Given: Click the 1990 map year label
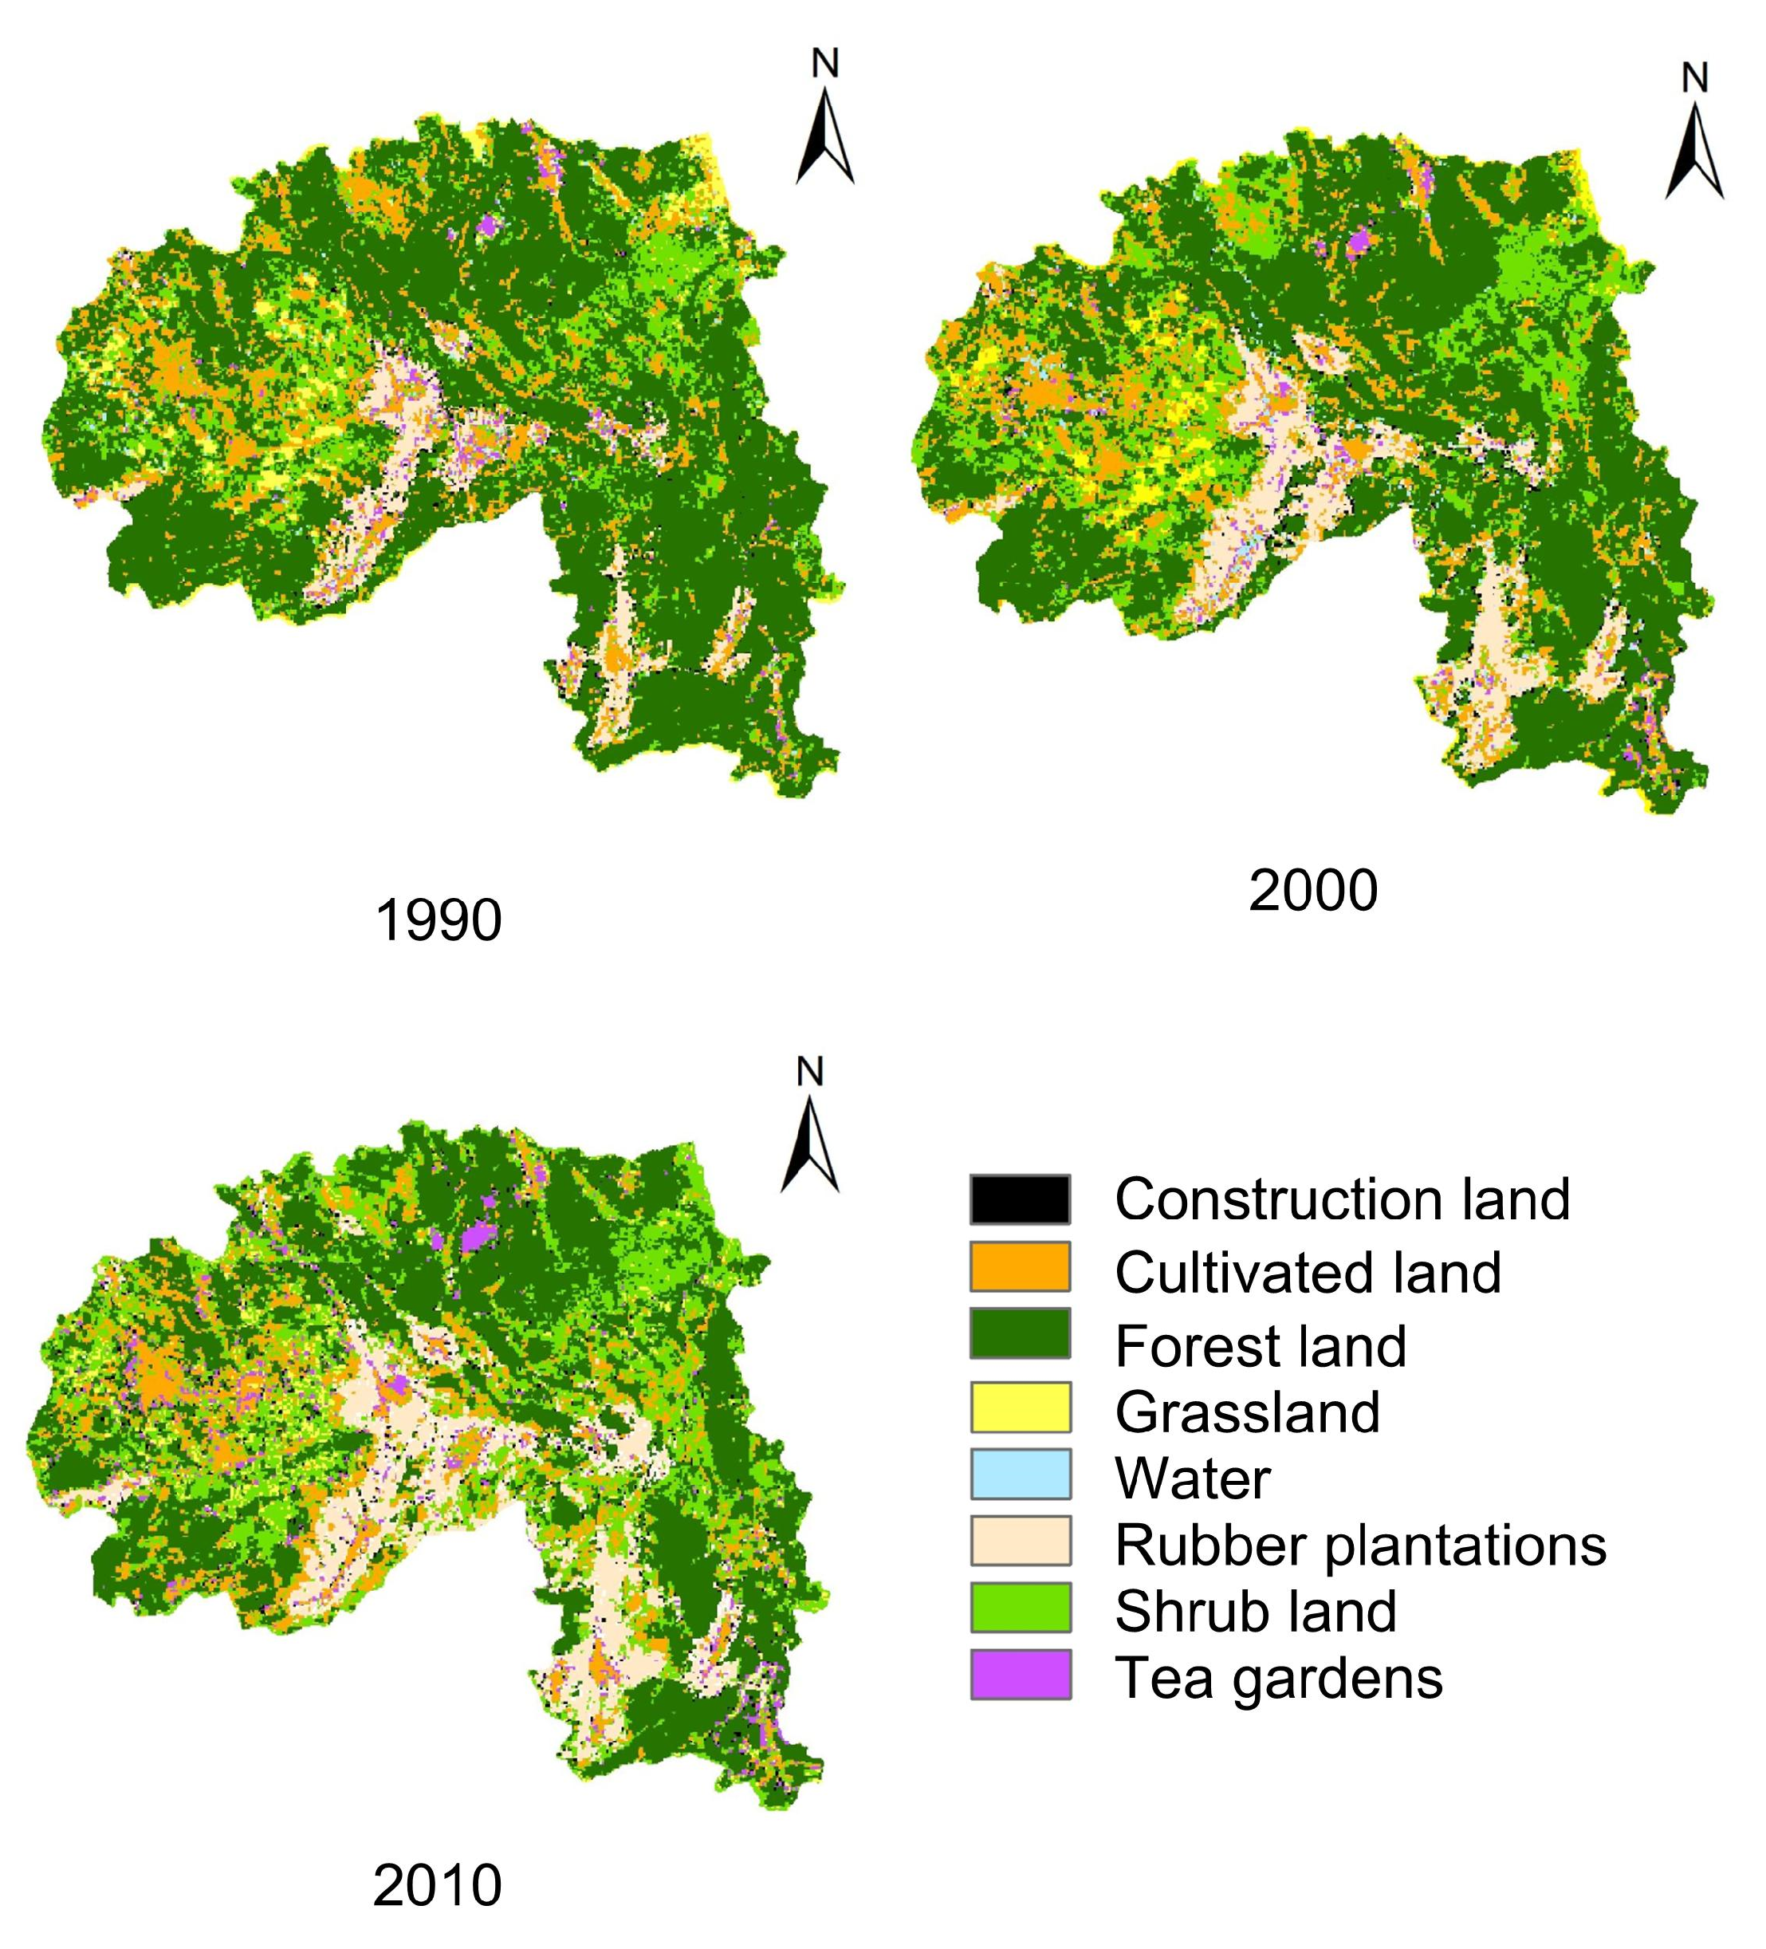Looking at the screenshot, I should [x=438, y=920].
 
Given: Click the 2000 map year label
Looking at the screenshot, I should [x=1312, y=891].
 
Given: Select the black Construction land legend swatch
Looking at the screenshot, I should [x=1020, y=1199].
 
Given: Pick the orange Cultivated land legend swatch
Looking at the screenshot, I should [x=1020, y=1267].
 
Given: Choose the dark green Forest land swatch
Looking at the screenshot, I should [x=1020, y=1334].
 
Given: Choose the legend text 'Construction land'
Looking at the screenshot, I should [x=1342, y=1199].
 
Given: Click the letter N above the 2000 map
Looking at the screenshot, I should [x=1694, y=77].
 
